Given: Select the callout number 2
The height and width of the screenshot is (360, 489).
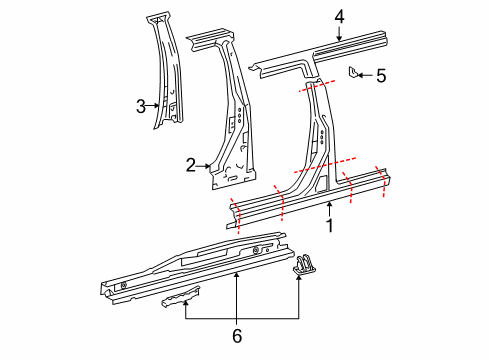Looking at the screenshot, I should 190,167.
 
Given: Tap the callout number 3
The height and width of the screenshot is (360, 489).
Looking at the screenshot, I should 141,104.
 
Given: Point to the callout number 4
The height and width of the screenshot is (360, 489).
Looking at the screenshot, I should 339,15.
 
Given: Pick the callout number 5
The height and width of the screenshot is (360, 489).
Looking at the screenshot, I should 380,75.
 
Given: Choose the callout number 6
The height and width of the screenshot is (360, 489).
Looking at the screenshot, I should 236,335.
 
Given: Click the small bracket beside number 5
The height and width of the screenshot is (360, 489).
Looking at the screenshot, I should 354,73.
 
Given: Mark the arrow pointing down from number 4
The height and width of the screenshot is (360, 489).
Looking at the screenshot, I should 339,32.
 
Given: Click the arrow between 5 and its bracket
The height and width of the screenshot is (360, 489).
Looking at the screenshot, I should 366,74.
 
